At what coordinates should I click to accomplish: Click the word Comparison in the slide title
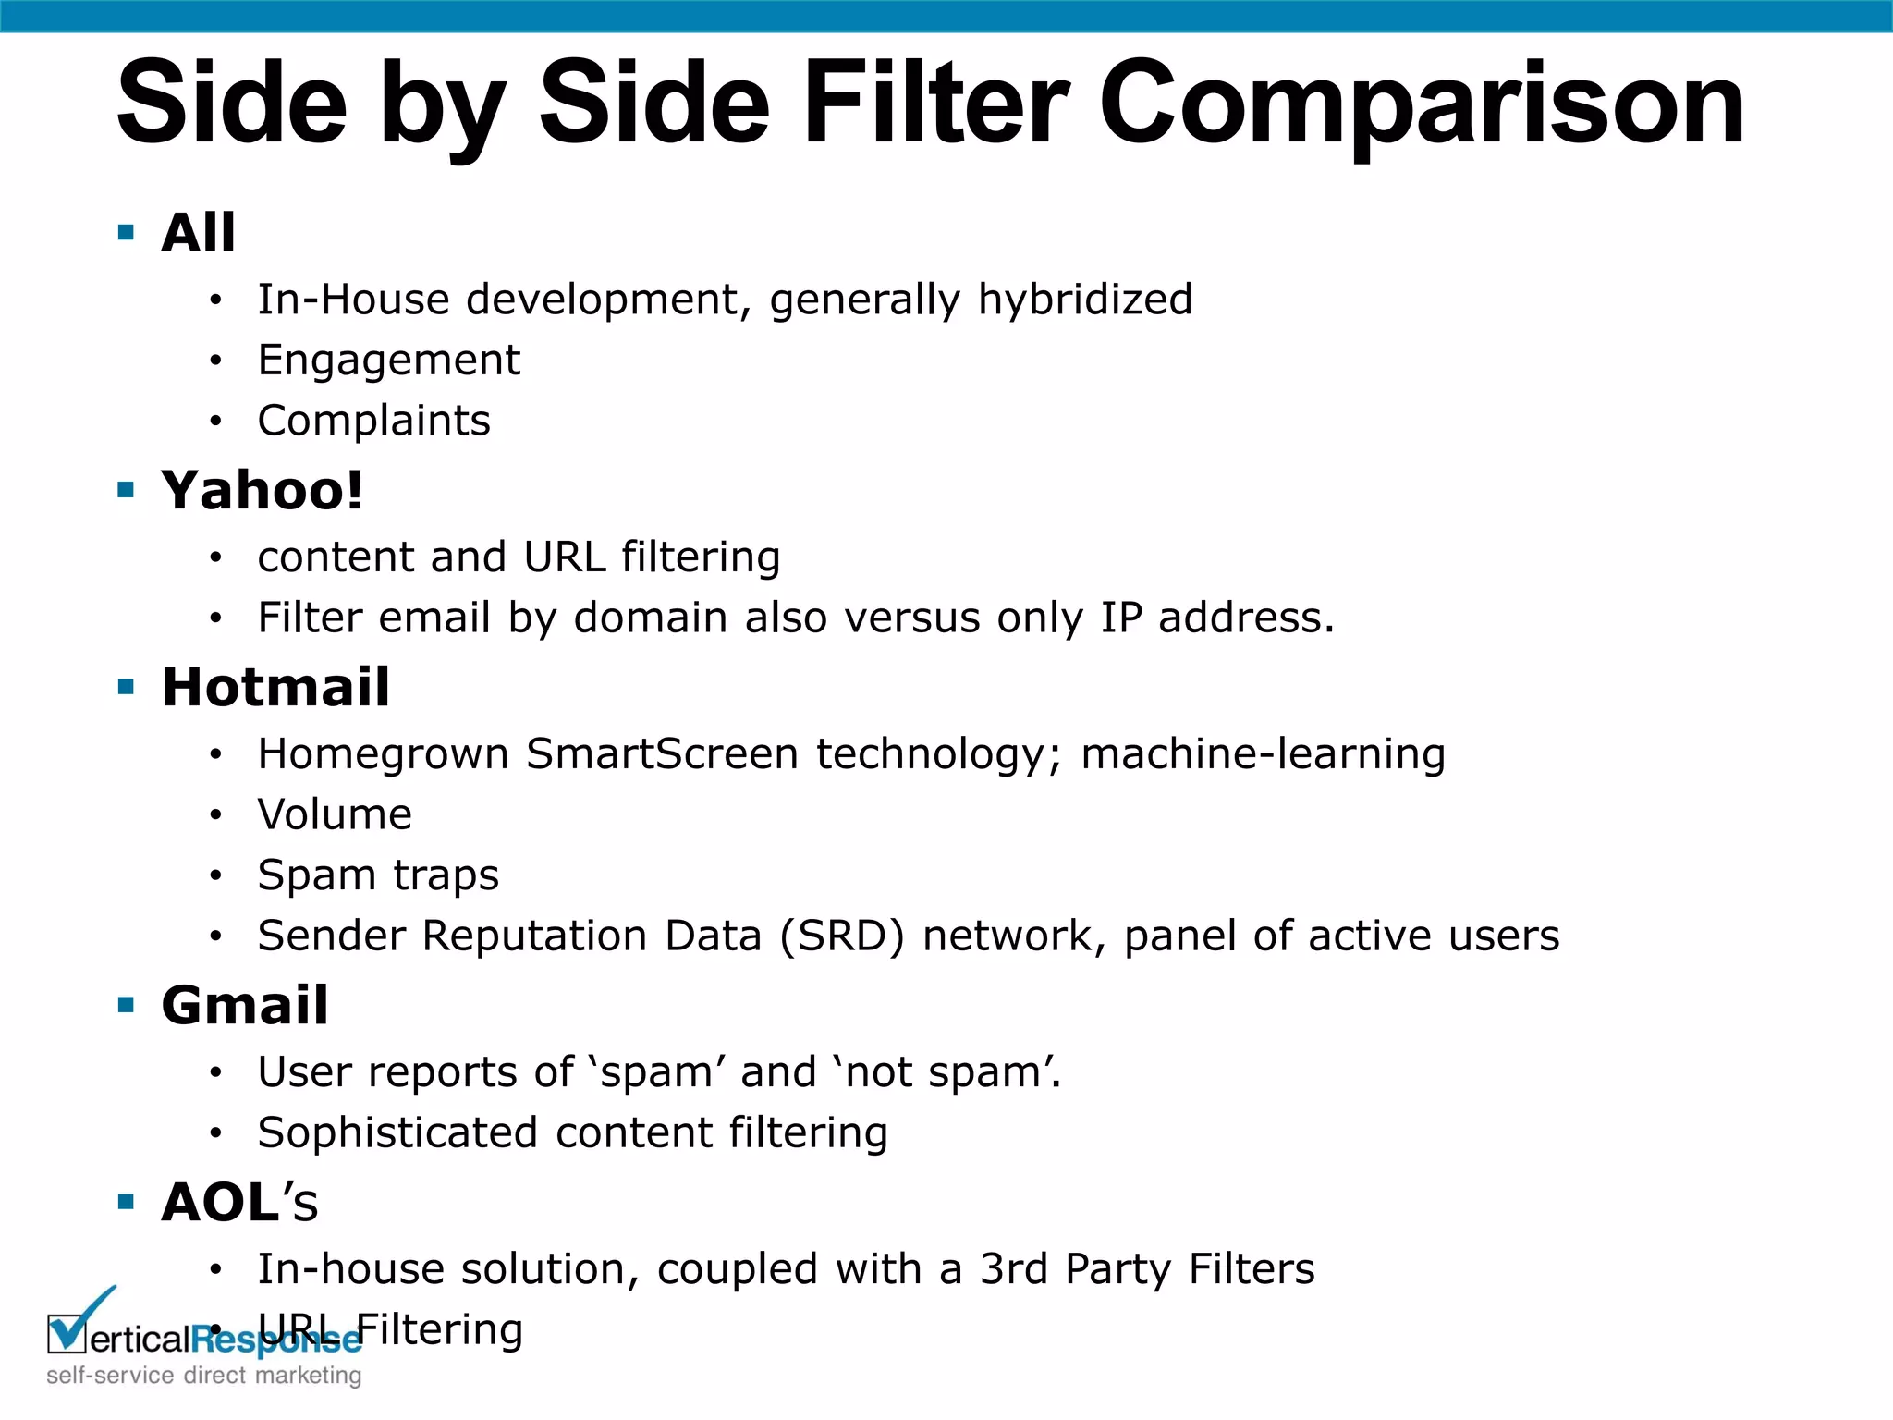pyautogui.click(x=1422, y=104)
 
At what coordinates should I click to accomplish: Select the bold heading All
pyautogui.click(x=198, y=232)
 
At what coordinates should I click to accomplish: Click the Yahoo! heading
pyautogui.click(x=263, y=490)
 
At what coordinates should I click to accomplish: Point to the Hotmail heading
pyautogui.click(x=275, y=687)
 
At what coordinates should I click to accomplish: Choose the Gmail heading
pyautogui.click(x=245, y=1005)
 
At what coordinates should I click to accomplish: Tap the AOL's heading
pyautogui.click(x=239, y=1202)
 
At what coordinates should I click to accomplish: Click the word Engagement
pyautogui.click(x=389, y=361)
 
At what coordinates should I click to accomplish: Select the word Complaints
pyautogui.click(x=373, y=421)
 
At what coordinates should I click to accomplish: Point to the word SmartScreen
pyautogui.click(x=662, y=753)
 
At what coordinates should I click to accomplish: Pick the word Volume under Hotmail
pyautogui.click(x=335, y=814)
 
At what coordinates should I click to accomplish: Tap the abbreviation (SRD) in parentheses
pyautogui.click(x=841, y=936)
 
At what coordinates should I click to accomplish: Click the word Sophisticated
pyautogui.click(x=397, y=1132)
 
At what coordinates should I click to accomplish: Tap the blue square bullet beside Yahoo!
pyautogui.click(x=127, y=490)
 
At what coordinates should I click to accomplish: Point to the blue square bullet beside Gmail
pyautogui.click(x=127, y=1005)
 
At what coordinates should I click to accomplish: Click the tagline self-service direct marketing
pyautogui.click(x=203, y=1376)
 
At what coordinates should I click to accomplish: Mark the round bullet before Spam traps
pyautogui.click(x=215, y=875)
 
